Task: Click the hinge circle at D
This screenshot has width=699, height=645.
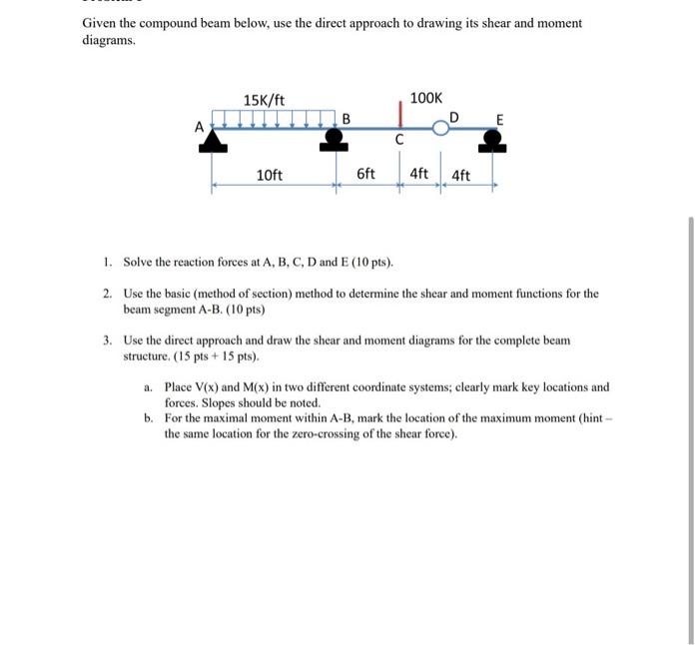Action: pyautogui.click(x=439, y=127)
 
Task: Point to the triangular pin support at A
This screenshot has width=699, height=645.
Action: pyautogui.click(x=212, y=142)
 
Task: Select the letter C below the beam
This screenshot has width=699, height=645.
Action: pyautogui.click(x=399, y=141)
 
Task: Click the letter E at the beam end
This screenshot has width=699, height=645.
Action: pyautogui.click(x=500, y=119)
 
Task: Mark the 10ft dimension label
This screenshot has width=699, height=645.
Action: pyautogui.click(x=270, y=176)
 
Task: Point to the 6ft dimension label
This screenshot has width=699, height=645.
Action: pyautogui.click(x=366, y=175)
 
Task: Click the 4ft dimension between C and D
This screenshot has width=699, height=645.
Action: pyautogui.click(x=419, y=175)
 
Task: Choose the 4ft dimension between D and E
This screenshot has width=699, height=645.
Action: pyautogui.click(x=461, y=176)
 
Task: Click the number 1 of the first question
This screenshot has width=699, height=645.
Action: pyautogui.click(x=107, y=263)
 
